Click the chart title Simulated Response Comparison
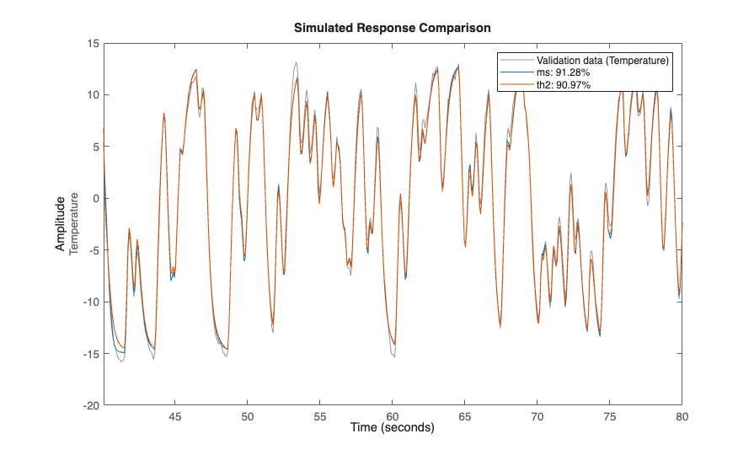[392, 28]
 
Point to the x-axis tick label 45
[175, 416]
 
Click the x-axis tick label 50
[248, 416]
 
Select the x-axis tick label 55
[320, 416]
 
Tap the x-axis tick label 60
[393, 416]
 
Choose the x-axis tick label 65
[465, 416]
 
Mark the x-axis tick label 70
[537, 416]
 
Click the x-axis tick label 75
[610, 416]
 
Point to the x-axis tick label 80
[682, 416]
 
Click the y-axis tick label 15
[94, 43]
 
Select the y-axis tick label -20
[91, 405]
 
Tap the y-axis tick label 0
[96, 198]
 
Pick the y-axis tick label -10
[91, 302]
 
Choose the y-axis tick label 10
[94, 94]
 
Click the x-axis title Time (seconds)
[392, 428]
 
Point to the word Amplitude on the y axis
[61, 223]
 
